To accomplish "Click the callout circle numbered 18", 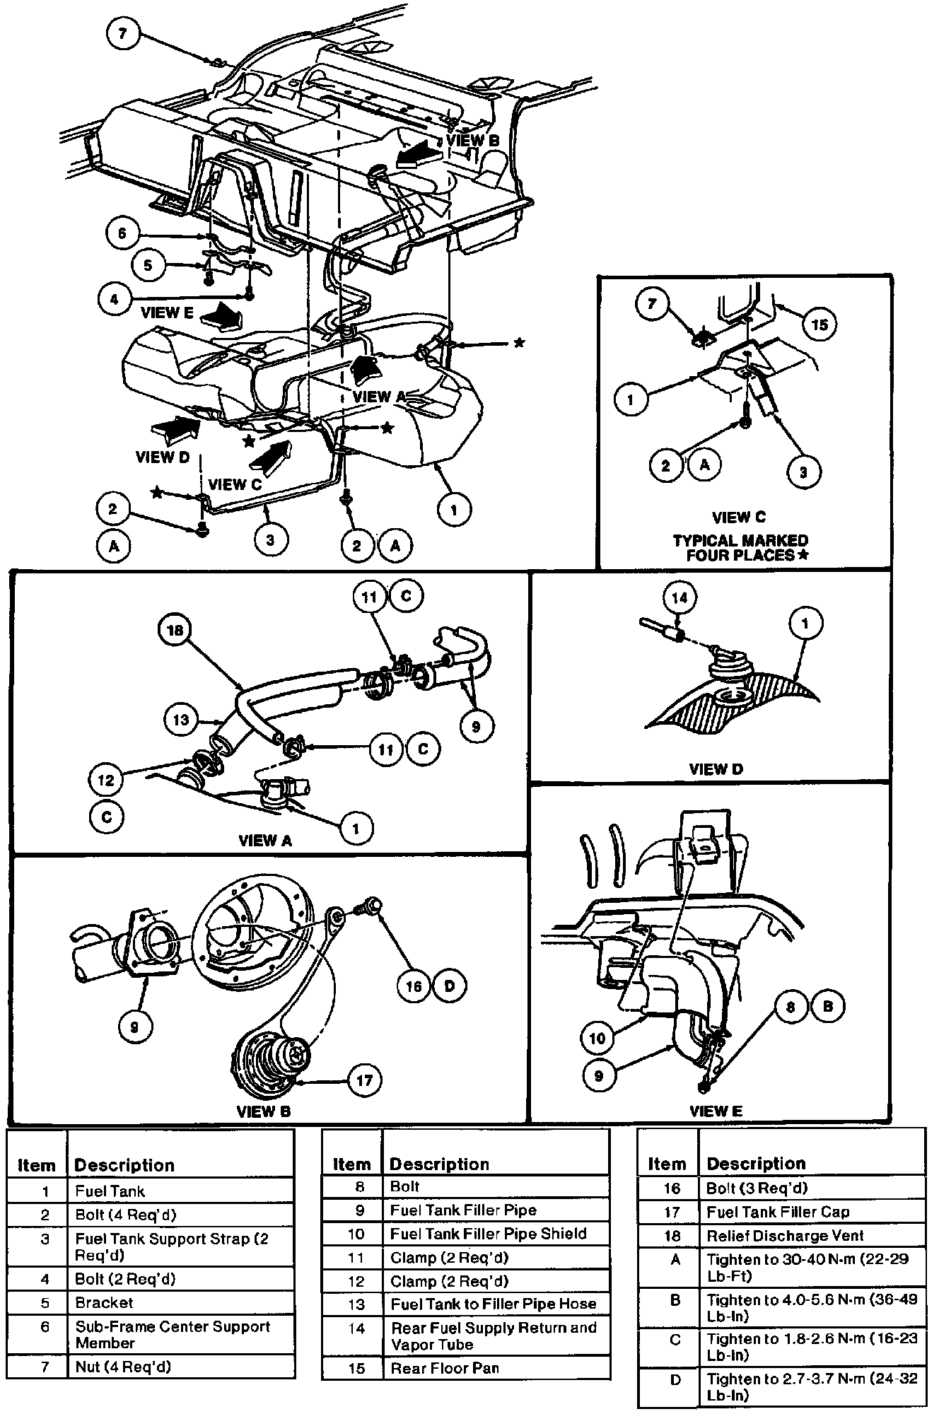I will [175, 631].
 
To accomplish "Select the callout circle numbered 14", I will [680, 597].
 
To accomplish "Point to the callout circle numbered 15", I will [819, 325].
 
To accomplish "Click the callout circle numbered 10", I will [597, 1037].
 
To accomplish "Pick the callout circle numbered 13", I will [180, 720].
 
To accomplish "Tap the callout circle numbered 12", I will [105, 781].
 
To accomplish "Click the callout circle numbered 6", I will [122, 233].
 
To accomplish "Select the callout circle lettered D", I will [450, 986].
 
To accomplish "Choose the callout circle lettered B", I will [828, 1006].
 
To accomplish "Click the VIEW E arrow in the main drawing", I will [220, 315].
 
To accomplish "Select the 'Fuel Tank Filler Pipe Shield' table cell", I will [488, 1234].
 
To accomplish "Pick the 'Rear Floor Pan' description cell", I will [445, 1368].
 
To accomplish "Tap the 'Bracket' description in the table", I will [105, 1302].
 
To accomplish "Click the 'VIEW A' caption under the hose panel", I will [265, 841].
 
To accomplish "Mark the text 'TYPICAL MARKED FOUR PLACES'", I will [740, 547].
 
